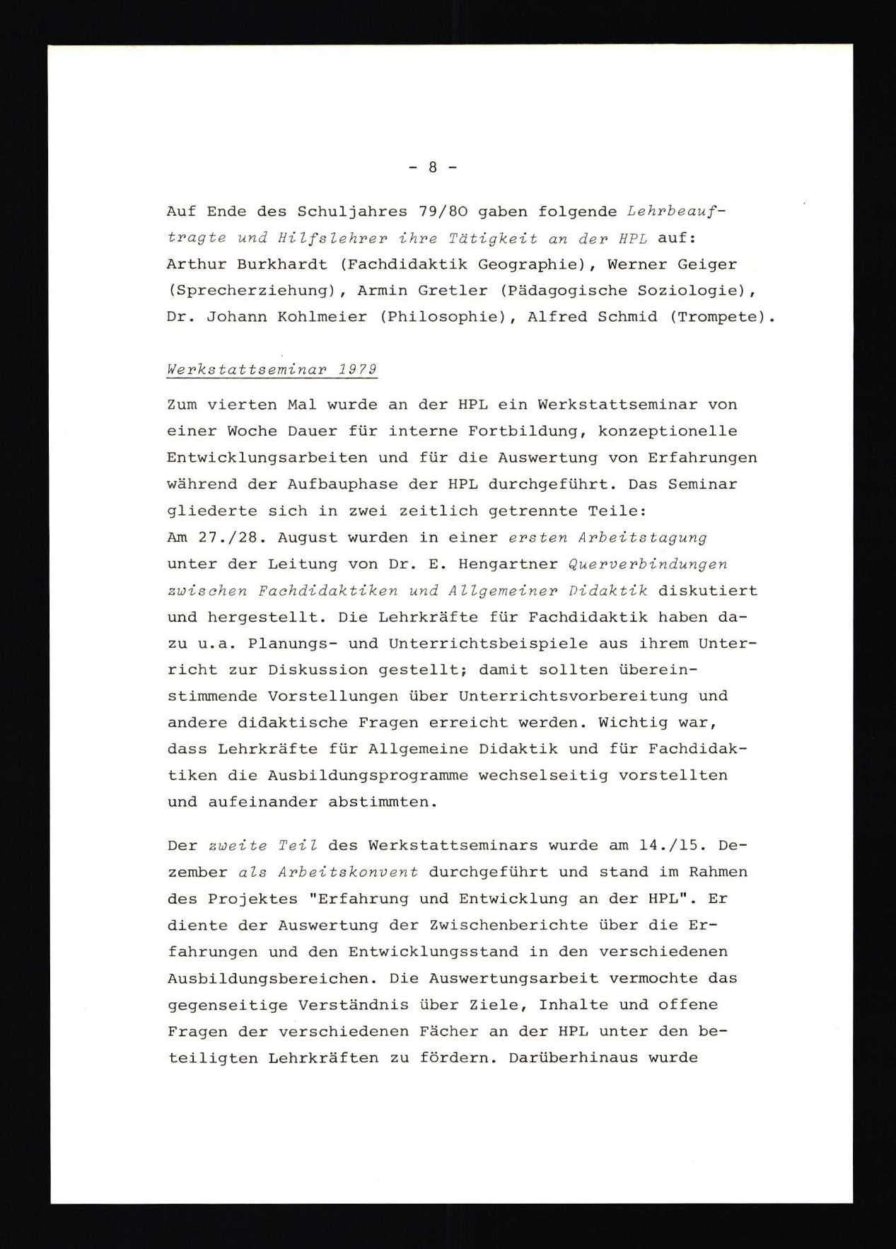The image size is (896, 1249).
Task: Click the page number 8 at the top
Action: point(433,168)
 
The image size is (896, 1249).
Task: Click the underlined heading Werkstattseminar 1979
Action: point(272,370)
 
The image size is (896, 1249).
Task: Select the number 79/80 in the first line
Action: point(437,211)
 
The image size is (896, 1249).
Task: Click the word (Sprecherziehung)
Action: point(250,291)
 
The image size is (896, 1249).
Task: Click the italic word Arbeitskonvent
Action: point(348,872)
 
